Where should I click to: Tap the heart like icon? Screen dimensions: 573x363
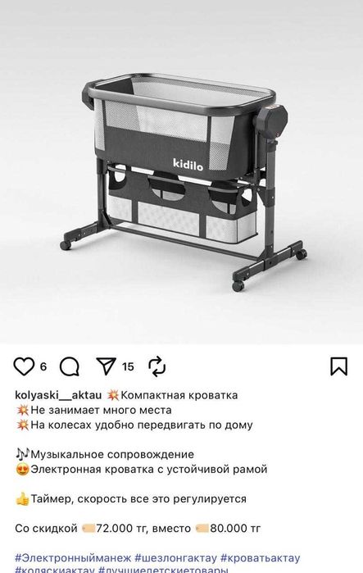[25, 366]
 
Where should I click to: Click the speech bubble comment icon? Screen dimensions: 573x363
[70, 366]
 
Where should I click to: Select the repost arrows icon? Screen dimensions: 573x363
[157, 366]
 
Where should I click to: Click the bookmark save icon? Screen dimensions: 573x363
[338, 366]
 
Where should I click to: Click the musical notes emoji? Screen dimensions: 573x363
[22, 454]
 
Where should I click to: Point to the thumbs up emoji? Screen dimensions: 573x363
[22, 498]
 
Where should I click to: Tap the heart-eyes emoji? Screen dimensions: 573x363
[22, 469]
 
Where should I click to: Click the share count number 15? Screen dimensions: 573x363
[128, 367]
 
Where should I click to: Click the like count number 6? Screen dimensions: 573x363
[43, 367]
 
